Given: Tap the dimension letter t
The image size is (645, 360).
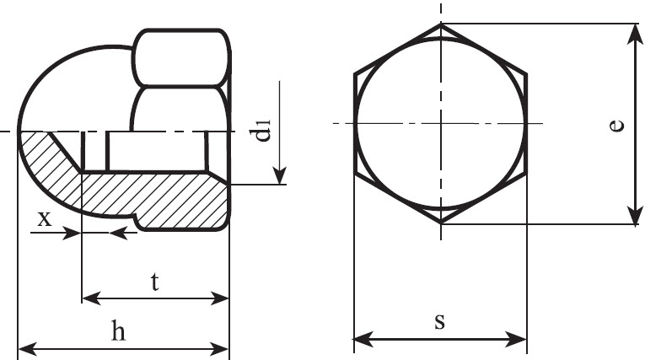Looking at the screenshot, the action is click(154, 282).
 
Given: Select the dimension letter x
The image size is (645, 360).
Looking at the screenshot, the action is click(45, 219).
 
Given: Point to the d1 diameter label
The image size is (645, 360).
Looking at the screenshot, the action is click(263, 131).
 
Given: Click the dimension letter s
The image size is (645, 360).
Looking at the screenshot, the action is click(440, 321).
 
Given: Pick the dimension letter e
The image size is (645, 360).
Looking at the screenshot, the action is click(616, 126).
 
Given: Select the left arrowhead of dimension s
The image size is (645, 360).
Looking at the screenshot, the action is click(363, 340).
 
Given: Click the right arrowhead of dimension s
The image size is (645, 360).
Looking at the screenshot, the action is click(517, 340).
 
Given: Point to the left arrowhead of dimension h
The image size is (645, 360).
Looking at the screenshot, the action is click(28, 349).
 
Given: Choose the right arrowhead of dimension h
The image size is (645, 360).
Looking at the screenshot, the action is click(219, 349).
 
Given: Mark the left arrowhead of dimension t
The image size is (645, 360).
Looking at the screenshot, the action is click(91, 298).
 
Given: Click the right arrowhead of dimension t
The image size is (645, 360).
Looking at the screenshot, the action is click(219, 298).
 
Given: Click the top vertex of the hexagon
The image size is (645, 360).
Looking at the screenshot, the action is click(441, 24).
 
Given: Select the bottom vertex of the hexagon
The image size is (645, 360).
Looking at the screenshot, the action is click(441, 223).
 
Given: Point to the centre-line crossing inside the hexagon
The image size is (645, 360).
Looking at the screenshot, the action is click(441, 123).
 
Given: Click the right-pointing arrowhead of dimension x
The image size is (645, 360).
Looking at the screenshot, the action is click(72, 234).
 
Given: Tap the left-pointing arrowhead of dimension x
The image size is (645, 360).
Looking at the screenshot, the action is click(119, 234).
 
